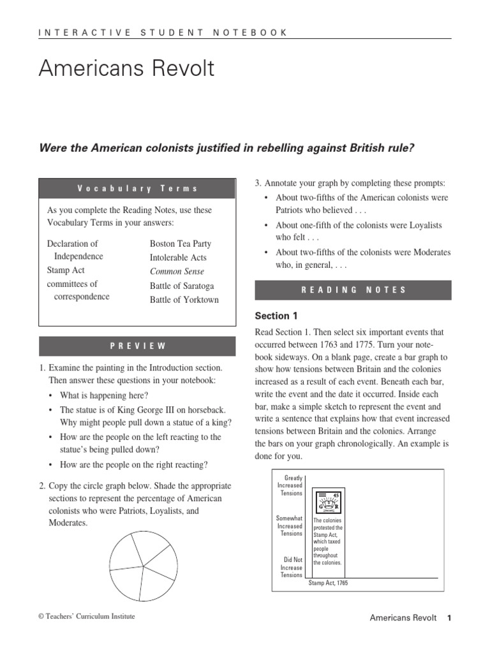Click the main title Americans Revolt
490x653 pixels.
[126, 69]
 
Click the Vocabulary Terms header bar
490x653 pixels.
[138, 189]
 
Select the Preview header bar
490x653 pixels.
[138, 346]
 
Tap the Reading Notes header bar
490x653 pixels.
[353, 290]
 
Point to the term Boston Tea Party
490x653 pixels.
[180, 244]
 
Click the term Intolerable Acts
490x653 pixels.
[178, 258]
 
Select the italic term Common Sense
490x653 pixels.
[177, 272]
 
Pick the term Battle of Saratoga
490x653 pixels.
[182, 286]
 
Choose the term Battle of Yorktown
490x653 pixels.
[184, 300]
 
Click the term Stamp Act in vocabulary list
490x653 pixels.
[66, 270]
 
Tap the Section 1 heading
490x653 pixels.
[276, 316]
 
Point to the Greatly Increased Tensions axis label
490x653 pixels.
[290, 485]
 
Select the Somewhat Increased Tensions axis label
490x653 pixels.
[289, 526]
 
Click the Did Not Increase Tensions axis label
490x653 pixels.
[291, 567]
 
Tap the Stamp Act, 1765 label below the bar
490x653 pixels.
[328, 583]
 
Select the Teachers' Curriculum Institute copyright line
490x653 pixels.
[87, 616]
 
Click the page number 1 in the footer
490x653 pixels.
[449, 618]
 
